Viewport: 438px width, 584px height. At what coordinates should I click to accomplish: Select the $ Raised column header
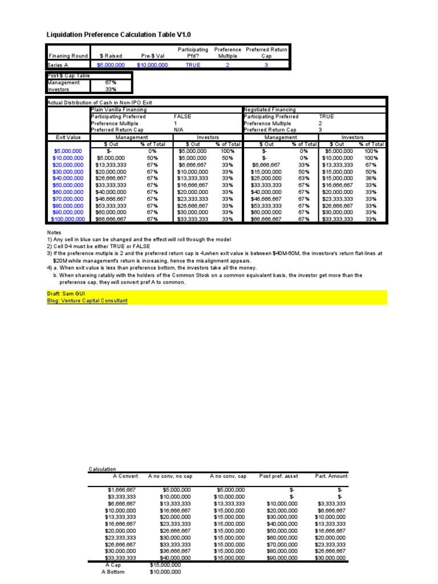(x=111, y=56)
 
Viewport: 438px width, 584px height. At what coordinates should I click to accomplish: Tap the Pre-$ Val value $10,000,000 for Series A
(x=152, y=65)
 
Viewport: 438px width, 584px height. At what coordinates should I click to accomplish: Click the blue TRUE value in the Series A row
(x=193, y=65)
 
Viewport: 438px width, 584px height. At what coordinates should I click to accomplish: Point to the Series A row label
(x=58, y=65)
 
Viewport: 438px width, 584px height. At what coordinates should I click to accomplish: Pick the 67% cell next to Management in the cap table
(x=111, y=82)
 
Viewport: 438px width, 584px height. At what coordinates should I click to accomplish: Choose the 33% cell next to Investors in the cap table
(x=111, y=89)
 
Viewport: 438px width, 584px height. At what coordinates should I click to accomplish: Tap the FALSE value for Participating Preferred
(x=182, y=116)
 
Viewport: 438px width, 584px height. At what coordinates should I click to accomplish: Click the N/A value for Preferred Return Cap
(x=179, y=130)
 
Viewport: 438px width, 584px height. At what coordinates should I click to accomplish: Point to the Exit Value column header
(x=68, y=137)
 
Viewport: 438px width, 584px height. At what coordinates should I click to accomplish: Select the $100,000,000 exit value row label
(x=68, y=219)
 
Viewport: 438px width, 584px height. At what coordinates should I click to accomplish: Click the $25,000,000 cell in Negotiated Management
(x=266, y=178)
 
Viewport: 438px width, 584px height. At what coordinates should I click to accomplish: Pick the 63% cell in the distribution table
(x=304, y=178)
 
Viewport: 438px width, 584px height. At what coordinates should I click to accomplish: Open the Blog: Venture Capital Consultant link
(x=87, y=301)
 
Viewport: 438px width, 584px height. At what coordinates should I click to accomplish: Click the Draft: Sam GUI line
(x=66, y=293)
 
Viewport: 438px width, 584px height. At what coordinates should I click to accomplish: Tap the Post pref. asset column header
(x=278, y=476)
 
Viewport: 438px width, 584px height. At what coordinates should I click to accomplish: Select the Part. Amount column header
(x=331, y=476)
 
